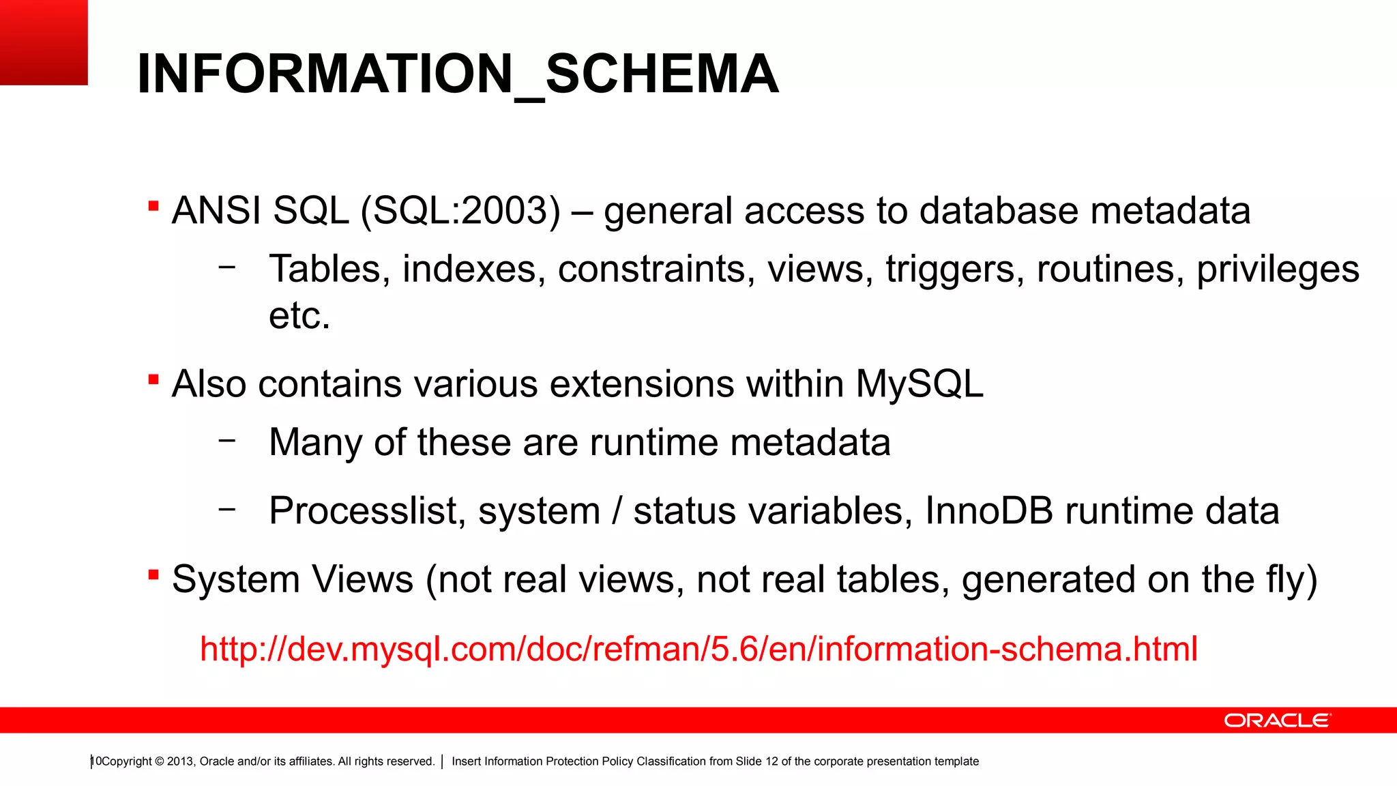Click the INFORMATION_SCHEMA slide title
pos(457,74)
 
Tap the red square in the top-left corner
pos(44,42)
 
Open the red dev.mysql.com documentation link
pos(698,648)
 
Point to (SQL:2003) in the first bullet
pos(460,210)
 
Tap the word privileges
pos(1278,269)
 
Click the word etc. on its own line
pos(299,315)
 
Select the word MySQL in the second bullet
pos(920,383)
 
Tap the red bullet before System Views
pos(153,575)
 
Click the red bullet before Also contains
pos(153,379)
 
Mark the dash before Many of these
pos(227,440)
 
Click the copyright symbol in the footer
pos(160,761)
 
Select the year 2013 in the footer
pos(180,761)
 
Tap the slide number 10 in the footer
pos(96,761)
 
